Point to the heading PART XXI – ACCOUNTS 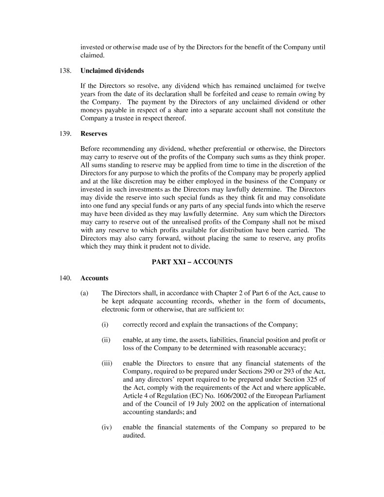(192, 262)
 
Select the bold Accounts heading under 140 (94, 279)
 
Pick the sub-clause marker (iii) (107, 363)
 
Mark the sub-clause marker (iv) (106, 427)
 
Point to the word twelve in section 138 (315, 86)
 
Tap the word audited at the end (134, 435)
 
